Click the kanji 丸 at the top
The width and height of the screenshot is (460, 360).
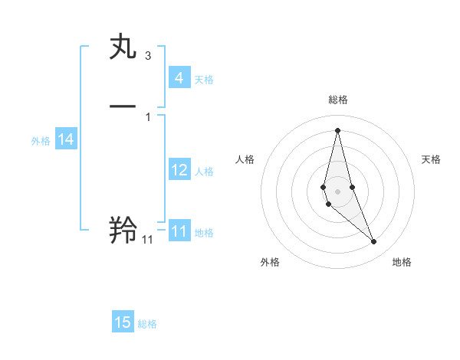pyautogui.click(x=124, y=47)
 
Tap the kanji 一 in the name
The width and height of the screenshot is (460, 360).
pyautogui.click(x=124, y=106)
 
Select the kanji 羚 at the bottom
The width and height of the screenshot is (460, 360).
pyautogui.click(x=124, y=230)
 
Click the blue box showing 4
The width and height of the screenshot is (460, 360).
pyautogui.click(x=179, y=78)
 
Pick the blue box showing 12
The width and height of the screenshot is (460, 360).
pyautogui.click(x=179, y=170)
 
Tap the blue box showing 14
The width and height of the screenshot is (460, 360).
pyautogui.click(x=65, y=139)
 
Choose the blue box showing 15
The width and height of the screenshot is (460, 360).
pyautogui.click(x=123, y=322)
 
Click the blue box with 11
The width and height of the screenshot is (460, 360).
pyautogui.click(x=179, y=231)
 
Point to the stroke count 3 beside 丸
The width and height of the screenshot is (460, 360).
pyautogui.click(x=147, y=56)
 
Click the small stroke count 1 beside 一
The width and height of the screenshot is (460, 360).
pyautogui.click(x=147, y=116)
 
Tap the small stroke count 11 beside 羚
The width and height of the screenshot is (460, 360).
pyautogui.click(x=147, y=240)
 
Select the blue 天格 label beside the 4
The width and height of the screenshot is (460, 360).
pyautogui.click(x=204, y=80)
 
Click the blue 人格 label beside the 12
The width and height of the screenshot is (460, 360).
pyautogui.click(x=204, y=172)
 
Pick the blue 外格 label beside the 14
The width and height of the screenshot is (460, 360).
pyautogui.click(x=41, y=141)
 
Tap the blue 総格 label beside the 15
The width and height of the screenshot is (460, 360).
pyautogui.click(x=147, y=324)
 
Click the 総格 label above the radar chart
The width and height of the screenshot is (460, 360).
pyautogui.click(x=338, y=100)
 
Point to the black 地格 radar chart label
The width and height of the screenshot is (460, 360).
pyautogui.click(x=402, y=262)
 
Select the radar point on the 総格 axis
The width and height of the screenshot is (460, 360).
pyautogui.click(x=337, y=129)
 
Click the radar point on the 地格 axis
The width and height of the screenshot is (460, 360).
pyautogui.click(x=373, y=242)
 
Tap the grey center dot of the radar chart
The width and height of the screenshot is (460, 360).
pyautogui.click(x=337, y=191)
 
